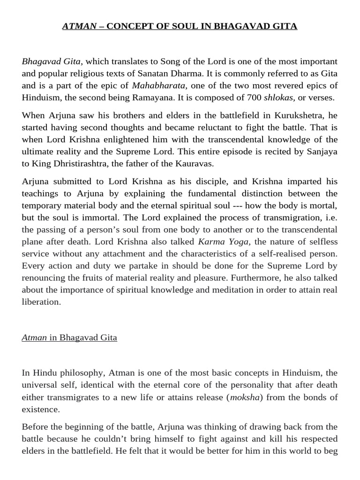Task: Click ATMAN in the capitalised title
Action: [78, 26]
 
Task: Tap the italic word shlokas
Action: [279, 97]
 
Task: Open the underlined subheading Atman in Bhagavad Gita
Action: [69, 337]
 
